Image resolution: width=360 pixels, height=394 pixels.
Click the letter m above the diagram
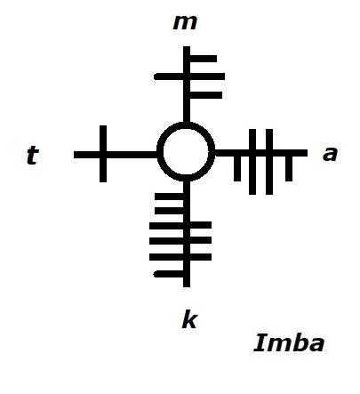coord(185,22)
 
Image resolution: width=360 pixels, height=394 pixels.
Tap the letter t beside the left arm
coord(33,155)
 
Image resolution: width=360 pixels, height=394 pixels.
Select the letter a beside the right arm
coord(330,154)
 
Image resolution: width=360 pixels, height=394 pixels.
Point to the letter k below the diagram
coord(189,319)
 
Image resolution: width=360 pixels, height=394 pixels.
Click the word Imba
coord(289,343)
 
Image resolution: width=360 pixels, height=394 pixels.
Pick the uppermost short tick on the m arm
coord(204,59)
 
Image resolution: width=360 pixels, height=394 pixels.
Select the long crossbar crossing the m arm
coord(189,76)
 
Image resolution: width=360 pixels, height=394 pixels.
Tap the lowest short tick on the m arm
coord(206,95)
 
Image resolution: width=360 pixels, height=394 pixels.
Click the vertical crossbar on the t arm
coord(103,154)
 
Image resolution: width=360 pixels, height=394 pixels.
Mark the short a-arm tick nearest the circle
coord(237,168)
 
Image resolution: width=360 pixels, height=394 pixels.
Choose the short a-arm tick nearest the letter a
coord(289,168)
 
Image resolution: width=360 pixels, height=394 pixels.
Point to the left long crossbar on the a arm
coord(252,162)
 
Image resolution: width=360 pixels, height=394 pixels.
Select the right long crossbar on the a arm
coord(269,162)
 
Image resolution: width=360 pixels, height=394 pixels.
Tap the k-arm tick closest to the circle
coord(169,197)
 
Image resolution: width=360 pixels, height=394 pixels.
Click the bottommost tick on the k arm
coord(169,274)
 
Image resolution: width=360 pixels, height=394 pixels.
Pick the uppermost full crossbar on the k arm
coord(180,225)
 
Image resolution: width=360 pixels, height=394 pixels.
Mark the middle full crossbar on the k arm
coord(180,240)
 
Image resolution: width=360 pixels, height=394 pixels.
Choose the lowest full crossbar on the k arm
coord(180,257)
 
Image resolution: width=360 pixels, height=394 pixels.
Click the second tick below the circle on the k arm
coord(169,211)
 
